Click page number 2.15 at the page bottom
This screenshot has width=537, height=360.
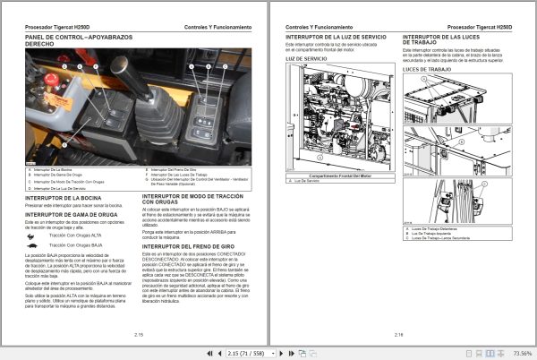pos(139,334)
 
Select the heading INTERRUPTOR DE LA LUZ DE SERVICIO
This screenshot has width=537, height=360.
pos(336,39)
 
